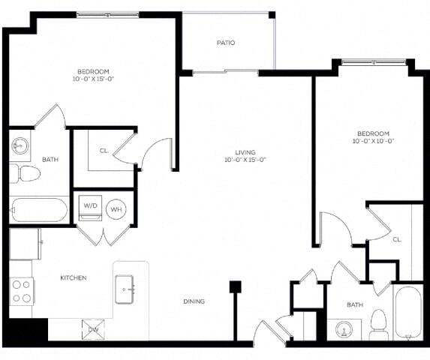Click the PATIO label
226,43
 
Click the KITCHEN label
74,278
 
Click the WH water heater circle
116,209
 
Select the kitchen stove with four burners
21,290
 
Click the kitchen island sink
125,287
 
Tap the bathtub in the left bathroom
39,208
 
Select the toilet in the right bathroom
378,322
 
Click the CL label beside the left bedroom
104,151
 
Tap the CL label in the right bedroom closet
397,239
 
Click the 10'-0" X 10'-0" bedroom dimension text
373,141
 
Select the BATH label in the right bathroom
355,305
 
